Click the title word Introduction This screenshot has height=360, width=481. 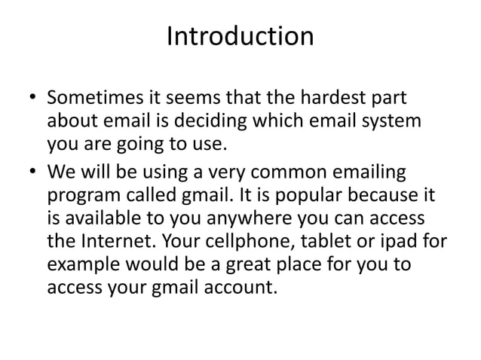[x=240, y=36]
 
